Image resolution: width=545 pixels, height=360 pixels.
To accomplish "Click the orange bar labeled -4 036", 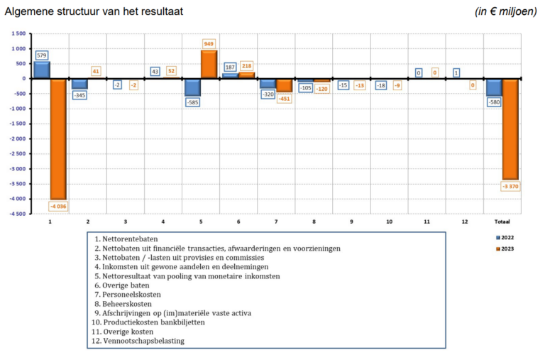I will pos(59,139).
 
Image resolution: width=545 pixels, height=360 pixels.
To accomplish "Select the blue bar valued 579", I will pos(41,70).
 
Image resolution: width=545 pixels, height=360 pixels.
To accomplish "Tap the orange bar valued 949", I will pos(209,64).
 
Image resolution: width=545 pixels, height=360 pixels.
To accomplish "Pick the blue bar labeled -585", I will pos(192,87).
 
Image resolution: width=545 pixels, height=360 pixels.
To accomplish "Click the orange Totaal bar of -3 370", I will pos(510,129).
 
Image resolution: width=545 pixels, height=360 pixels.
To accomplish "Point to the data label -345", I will pos(79,94).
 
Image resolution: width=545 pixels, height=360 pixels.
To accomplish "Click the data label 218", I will pos(247,66).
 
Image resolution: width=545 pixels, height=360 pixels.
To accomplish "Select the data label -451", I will pos(285,99).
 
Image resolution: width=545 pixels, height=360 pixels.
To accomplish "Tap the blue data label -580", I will pos(494,102).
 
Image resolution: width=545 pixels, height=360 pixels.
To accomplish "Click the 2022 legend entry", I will pos(505,237).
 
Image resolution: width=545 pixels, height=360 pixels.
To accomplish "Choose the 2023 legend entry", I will pos(505,248).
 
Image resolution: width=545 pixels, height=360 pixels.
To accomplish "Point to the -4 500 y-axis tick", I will pos(16,213).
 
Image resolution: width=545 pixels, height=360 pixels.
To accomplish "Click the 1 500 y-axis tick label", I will pos(18,33).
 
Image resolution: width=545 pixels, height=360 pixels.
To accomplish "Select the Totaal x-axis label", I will pos(502,222).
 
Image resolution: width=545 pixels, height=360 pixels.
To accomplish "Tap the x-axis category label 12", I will pos(464,222).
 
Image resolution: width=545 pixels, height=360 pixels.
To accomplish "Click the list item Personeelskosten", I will pos(127,294).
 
